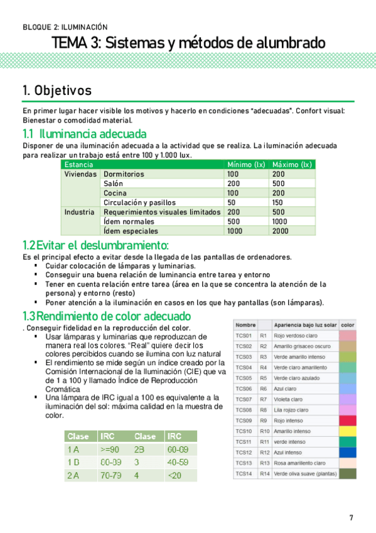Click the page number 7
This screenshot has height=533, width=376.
(x=351, y=517)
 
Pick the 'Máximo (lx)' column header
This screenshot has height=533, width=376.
(x=291, y=165)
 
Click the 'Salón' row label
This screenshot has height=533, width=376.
(x=115, y=184)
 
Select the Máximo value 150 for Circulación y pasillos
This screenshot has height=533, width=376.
(x=278, y=202)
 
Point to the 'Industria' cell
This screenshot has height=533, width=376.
(x=80, y=212)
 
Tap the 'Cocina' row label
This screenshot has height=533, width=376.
(x=116, y=193)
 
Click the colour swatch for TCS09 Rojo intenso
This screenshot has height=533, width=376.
(x=347, y=420)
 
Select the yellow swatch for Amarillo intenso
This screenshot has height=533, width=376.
(x=347, y=431)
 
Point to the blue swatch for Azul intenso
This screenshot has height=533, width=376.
(x=347, y=453)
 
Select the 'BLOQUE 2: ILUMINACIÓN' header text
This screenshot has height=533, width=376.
(x=65, y=27)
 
